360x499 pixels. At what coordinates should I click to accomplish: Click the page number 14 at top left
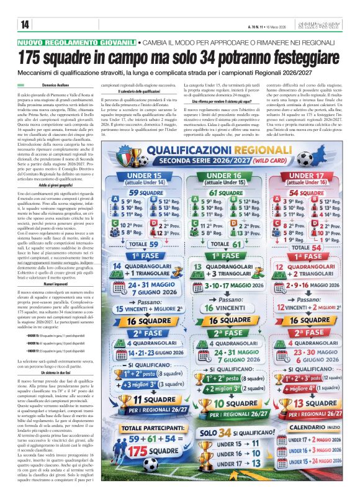coord(25,24)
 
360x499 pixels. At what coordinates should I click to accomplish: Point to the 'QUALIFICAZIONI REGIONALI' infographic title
coord(219,150)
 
